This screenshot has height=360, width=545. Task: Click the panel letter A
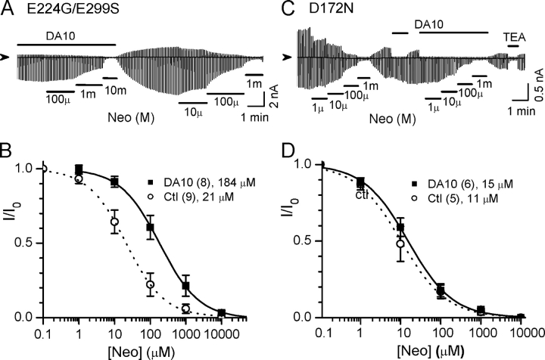[x=8, y=11]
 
